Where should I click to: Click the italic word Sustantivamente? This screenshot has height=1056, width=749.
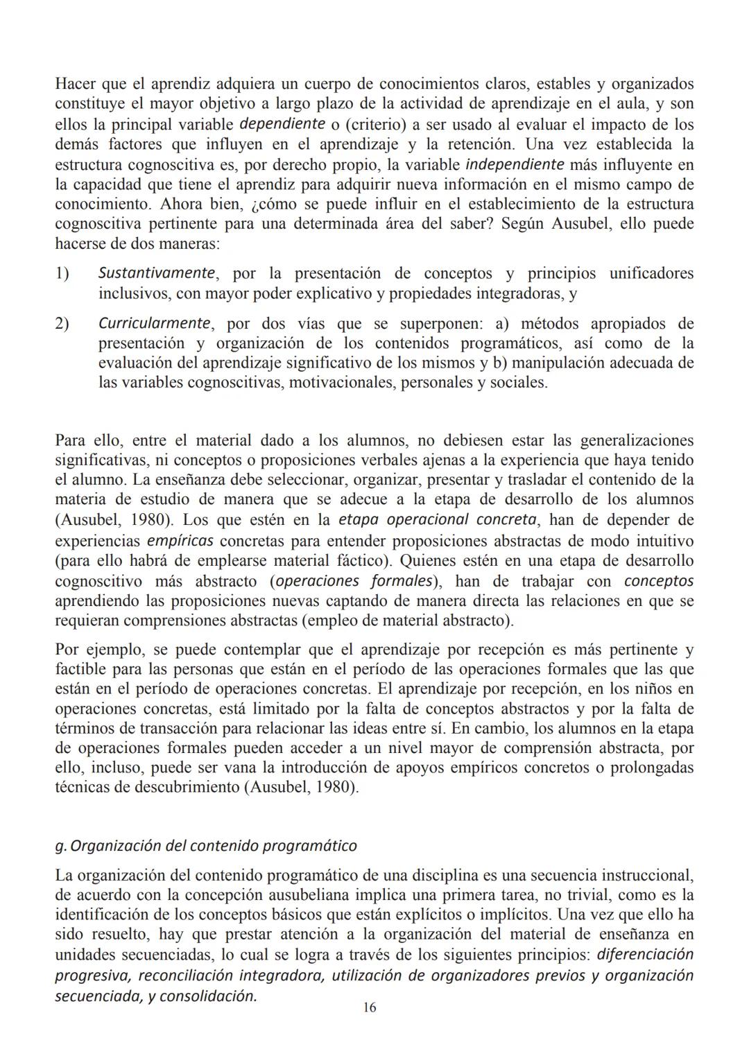(x=155, y=272)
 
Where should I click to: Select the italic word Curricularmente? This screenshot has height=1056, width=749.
(x=154, y=323)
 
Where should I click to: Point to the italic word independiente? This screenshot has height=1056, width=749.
(x=514, y=165)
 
